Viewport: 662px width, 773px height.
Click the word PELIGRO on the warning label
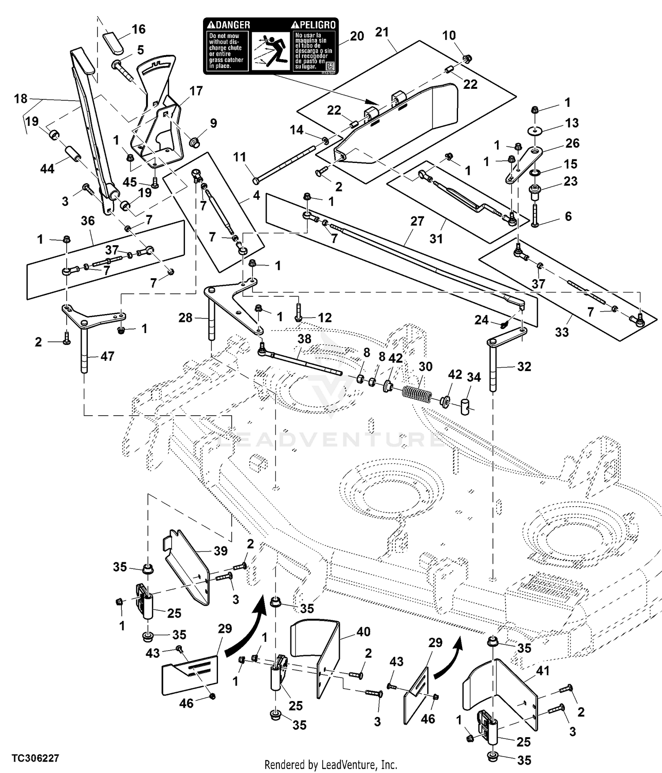[x=316, y=25]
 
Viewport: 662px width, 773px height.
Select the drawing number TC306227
[x=35, y=758]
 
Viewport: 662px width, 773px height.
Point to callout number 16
[x=139, y=29]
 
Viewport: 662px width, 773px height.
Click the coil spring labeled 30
[x=417, y=393]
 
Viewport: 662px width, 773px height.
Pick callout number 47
[x=107, y=356]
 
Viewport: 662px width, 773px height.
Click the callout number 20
[x=357, y=36]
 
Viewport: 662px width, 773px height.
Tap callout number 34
[x=474, y=377]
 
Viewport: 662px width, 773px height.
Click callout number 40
[x=363, y=632]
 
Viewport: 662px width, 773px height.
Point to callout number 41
[x=542, y=671]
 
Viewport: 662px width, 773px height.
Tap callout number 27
[x=417, y=221]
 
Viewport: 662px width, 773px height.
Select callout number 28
[x=185, y=317]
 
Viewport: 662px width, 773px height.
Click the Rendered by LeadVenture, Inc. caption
[x=331, y=764]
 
